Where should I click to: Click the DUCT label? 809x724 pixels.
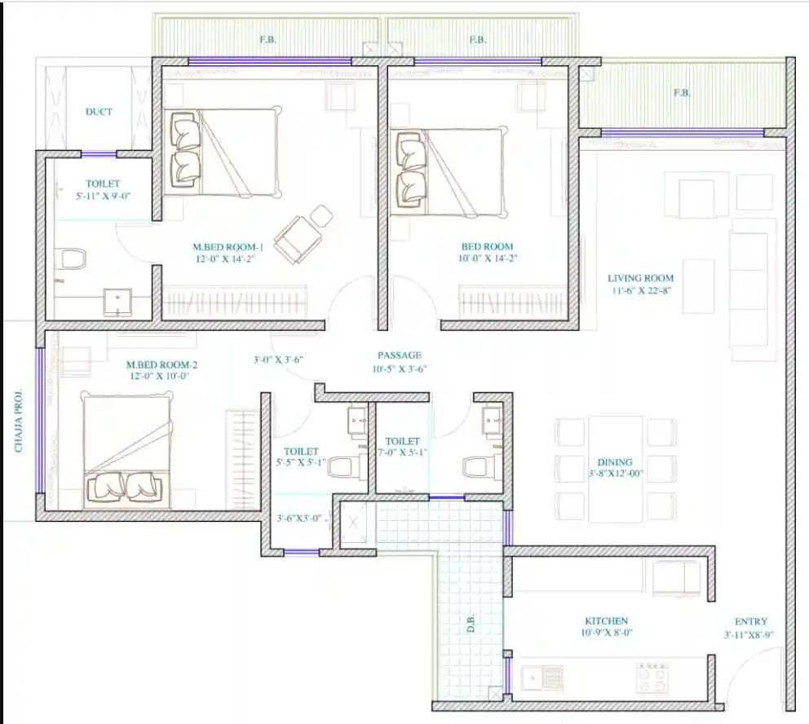point(99,112)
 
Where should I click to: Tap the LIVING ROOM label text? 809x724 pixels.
point(640,278)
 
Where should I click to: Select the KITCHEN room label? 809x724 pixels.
point(606,621)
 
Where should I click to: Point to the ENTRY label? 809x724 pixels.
point(751,621)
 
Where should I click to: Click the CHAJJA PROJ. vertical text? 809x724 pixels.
point(19,420)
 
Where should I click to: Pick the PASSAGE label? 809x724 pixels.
point(400,355)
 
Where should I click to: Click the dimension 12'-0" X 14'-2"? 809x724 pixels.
point(225,259)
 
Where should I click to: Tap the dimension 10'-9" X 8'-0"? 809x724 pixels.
point(607,633)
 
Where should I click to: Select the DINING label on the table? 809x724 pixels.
point(614,462)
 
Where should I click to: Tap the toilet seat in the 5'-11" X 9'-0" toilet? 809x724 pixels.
point(71,259)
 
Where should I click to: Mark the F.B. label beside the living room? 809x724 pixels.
point(682,93)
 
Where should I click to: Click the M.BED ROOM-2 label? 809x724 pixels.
point(162,364)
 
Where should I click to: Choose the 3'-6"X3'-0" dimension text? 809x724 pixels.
point(298,518)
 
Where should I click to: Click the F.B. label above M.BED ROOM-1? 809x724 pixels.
point(267,39)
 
